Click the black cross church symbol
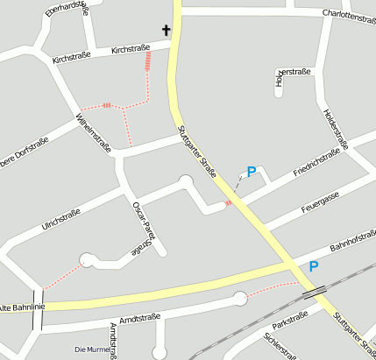point(165,32)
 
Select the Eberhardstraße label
point(66,10)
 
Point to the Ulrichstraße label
point(61,219)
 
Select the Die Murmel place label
point(92,350)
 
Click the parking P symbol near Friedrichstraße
point(251,173)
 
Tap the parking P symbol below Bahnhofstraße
point(313,266)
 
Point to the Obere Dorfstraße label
point(21,152)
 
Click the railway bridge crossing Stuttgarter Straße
point(315,292)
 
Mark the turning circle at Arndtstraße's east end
point(239,300)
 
